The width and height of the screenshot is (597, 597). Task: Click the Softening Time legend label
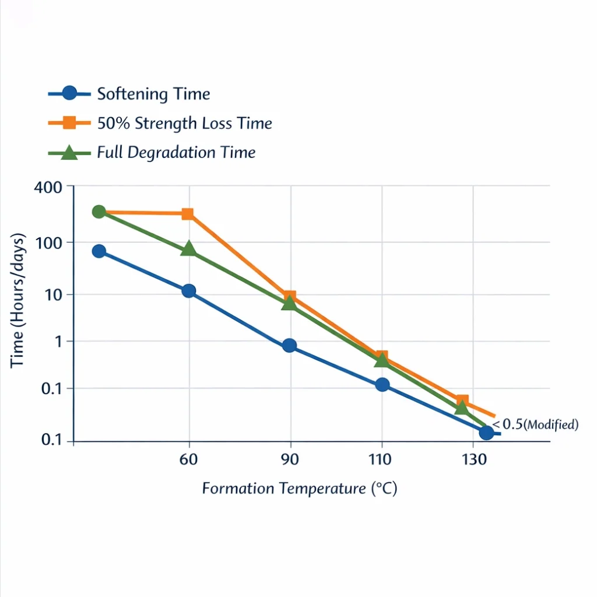[x=153, y=94]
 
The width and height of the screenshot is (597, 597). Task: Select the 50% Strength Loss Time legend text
[x=184, y=124]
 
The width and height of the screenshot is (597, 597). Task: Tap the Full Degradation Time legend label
[x=176, y=153]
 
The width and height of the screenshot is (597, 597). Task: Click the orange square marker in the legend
[x=69, y=123]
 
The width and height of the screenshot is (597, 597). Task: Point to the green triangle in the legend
[x=69, y=153]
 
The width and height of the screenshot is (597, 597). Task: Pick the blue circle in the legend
[x=69, y=93]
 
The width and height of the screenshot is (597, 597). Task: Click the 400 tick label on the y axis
[x=48, y=188]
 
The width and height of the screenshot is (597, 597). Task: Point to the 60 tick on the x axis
[x=188, y=459]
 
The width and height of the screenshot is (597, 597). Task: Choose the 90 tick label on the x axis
[x=290, y=459]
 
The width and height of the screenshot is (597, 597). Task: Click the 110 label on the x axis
[x=380, y=459]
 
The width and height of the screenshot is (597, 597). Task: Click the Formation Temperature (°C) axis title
[x=300, y=488]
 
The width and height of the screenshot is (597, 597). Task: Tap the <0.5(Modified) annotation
[x=535, y=424]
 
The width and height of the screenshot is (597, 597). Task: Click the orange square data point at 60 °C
[x=188, y=214]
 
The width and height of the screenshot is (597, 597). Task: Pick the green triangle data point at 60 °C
[x=188, y=249]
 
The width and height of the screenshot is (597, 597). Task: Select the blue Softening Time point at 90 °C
[x=289, y=346]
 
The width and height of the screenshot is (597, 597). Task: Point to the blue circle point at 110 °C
[x=382, y=385]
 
